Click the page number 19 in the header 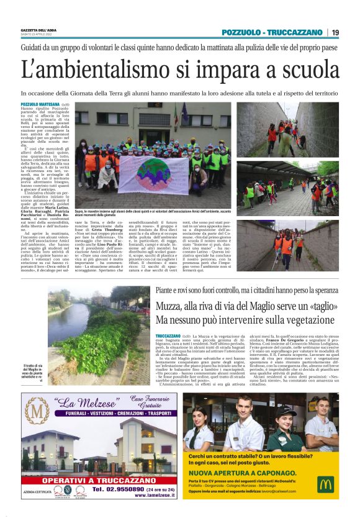point(335,32)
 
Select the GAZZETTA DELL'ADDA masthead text point(37,30)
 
